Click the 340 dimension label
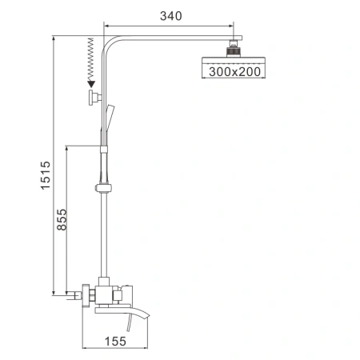click(170, 15)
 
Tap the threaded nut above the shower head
click(233, 47)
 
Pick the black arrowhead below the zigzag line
click(91, 82)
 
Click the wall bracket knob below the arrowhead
click(94, 98)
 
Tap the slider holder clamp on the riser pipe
click(102, 189)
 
